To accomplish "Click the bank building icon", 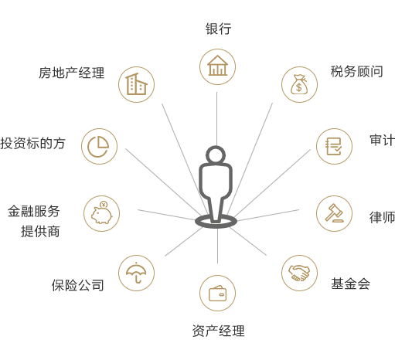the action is pos(217,66).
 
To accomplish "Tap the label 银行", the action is pos(218,29).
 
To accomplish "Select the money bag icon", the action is pos(299,84).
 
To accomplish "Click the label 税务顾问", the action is pos(356,71).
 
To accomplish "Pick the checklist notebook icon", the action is pos(334,146).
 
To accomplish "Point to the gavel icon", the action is pos(334,213).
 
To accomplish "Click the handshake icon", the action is pos(299,273).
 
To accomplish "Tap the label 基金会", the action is pos(350,284).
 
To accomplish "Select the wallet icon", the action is pos(217,293).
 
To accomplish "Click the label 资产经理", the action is pos(218,331).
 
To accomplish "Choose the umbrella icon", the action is pos(136,273).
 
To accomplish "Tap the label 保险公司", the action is pos(77,285).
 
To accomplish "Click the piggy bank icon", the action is pos(102,212).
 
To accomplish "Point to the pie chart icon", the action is pos(98,146).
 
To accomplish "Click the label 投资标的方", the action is pos(32,143).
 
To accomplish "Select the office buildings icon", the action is pos(136,84).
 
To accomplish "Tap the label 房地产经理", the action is pos(71,73).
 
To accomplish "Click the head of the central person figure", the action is pos(216,155).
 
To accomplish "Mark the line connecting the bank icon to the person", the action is pos(216,119).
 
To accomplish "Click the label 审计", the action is pos(383,140).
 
